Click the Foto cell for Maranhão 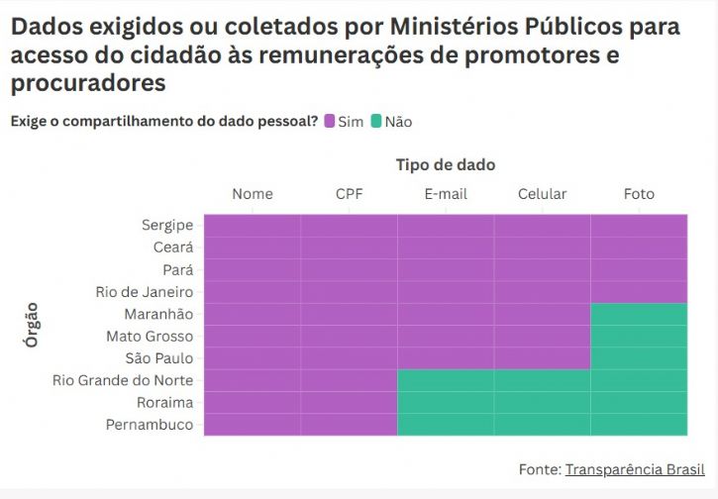pyautogui.click(x=639, y=314)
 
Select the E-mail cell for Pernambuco pyautogui.click(x=446, y=425)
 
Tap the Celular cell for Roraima pyautogui.click(x=542, y=403)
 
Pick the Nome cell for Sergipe pyautogui.click(x=253, y=225)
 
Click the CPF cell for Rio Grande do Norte pyautogui.click(x=349, y=380)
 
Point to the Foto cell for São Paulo pyautogui.click(x=639, y=358)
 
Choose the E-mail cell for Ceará pyautogui.click(x=446, y=247)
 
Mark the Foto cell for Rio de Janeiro pyautogui.click(x=639, y=291)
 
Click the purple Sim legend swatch pyautogui.click(x=330, y=122)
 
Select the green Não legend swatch pyautogui.click(x=376, y=122)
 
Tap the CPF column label pyautogui.click(x=349, y=194)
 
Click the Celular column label pyautogui.click(x=542, y=194)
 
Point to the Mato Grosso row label pyautogui.click(x=150, y=337)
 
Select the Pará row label pyautogui.click(x=177, y=269)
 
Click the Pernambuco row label pyautogui.click(x=150, y=425)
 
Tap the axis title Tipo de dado pyautogui.click(x=446, y=164)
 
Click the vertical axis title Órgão pyautogui.click(x=32, y=325)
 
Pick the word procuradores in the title pyautogui.click(x=88, y=83)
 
